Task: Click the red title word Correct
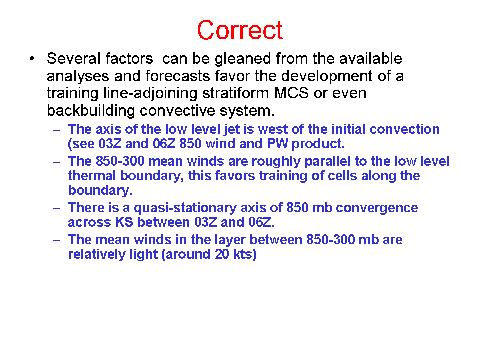click(x=240, y=30)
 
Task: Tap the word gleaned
click(x=243, y=59)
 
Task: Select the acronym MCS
click(x=291, y=93)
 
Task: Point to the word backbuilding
click(x=91, y=111)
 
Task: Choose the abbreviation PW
click(x=277, y=144)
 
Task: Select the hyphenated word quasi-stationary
click(x=185, y=208)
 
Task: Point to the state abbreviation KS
click(x=124, y=222)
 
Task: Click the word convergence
click(x=377, y=208)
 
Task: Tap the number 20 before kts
click(x=222, y=254)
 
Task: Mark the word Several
click(x=74, y=58)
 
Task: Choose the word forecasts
click(x=178, y=76)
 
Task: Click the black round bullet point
click(x=32, y=58)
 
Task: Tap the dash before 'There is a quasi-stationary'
click(x=56, y=209)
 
